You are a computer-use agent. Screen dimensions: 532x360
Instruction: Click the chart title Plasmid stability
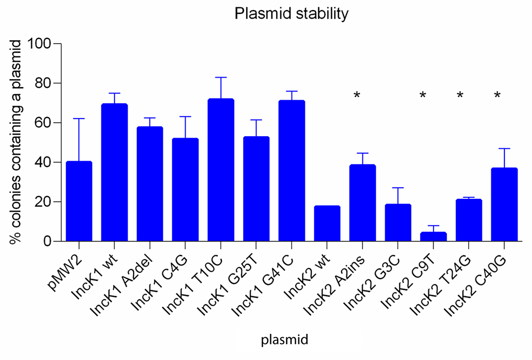[292, 14]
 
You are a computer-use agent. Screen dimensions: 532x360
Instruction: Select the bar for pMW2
[79, 202]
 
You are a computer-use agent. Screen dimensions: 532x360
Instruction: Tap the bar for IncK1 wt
[114, 172]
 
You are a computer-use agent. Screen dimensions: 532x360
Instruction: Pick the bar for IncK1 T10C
[221, 170]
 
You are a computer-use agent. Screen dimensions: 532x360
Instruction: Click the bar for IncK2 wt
[327, 223]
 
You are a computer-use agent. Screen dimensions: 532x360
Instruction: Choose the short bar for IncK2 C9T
[434, 237]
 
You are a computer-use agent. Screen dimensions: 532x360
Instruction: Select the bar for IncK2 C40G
[504, 204]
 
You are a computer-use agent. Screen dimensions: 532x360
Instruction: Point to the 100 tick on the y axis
[57, 44]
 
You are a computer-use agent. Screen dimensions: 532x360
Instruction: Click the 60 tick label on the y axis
[43, 122]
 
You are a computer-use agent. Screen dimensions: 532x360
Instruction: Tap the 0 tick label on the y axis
[47, 241]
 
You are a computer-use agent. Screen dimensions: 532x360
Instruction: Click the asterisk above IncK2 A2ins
[356, 95]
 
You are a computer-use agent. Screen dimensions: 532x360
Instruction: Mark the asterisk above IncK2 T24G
[460, 95]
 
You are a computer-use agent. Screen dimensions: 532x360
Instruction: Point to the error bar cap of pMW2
[79, 119]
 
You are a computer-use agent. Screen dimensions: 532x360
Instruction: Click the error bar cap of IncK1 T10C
[221, 77]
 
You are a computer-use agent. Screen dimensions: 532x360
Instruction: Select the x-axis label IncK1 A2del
[123, 286]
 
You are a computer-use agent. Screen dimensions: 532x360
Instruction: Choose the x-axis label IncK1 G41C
[263, 286]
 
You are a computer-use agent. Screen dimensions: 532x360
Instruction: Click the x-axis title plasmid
[284, 339]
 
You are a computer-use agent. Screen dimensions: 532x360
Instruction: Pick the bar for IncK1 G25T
[256, 189]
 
